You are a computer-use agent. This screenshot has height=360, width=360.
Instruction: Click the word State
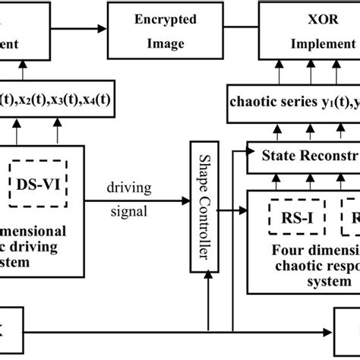point(282,157)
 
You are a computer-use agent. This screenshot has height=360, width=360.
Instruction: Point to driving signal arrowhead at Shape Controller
point(187,201)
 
